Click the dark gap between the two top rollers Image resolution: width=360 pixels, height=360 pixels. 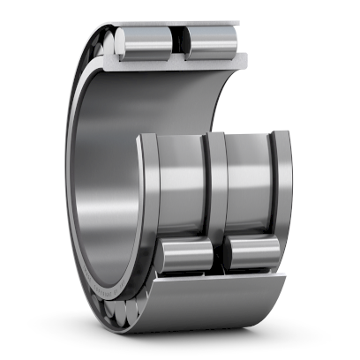tap(178, 41)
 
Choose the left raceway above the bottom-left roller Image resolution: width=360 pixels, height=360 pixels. tap(182, 190)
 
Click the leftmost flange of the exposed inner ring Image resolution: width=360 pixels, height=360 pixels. tap(148, 190)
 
